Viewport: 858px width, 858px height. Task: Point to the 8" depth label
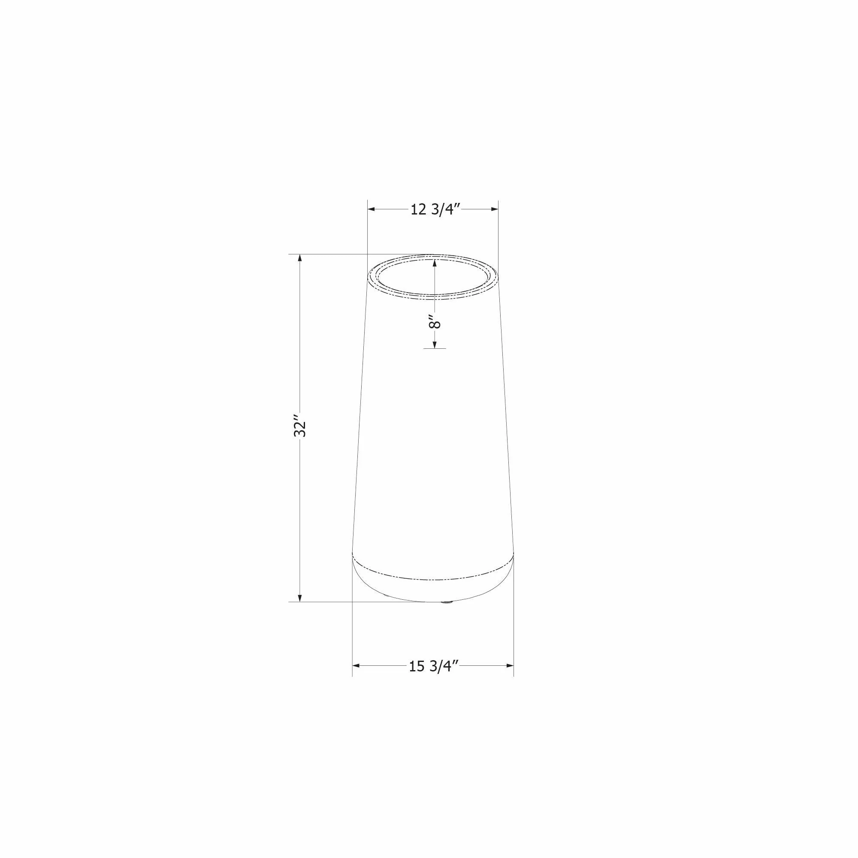pos(435,321)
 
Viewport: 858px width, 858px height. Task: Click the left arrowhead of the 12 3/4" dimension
pos(372,209)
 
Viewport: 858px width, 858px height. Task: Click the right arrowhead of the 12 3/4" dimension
pos(493,209)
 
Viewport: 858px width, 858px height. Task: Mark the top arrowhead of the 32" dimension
pos(300,259)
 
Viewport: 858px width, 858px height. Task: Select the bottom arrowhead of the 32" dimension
pos(300,597)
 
